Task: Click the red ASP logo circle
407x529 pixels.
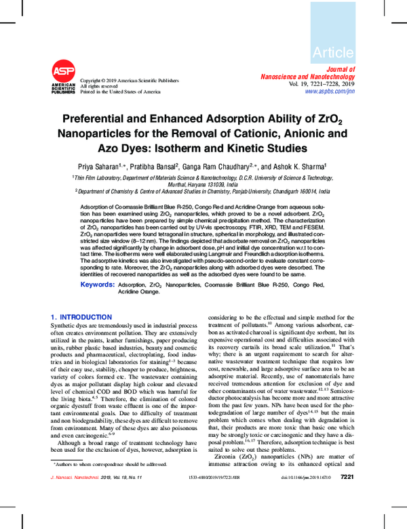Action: pyautogui.click(x=63, y=71)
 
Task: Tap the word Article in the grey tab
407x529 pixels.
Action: pyautogui.click(x=333, y=52)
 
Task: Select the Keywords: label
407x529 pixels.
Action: pyautogui.click(x=97, y=285)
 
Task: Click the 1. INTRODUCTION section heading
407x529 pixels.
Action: pyautogui.click(x=81, y=317)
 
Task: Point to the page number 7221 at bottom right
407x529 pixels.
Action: pyautogui.click(x=347, y=515)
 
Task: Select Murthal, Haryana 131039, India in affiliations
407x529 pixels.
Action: pyautogui.click(x=203, y=184)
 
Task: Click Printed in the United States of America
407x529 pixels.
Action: pyautogui.click(x=120, y=91)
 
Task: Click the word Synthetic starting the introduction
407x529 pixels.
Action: pyautogui.click(x=65, y=326)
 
